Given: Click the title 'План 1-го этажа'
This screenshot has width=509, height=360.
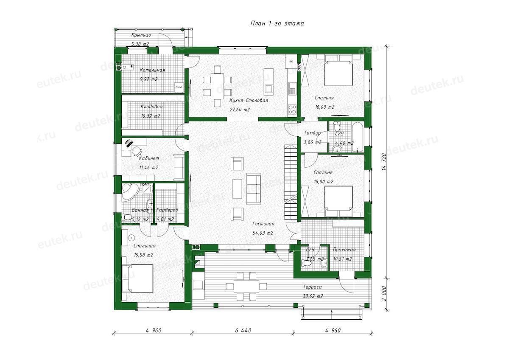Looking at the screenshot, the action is click(277, 23).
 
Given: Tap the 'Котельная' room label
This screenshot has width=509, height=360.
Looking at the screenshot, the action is click(152, 70).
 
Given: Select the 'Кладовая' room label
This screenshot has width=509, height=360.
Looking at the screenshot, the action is click(151, 107).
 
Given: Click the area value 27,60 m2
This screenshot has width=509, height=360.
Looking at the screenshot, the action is click(240, 110).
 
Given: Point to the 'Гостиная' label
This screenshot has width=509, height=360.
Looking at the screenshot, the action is click(263, 224).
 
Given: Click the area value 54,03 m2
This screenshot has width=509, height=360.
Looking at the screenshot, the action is click(263, 233).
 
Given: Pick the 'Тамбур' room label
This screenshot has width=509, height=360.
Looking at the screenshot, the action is click(313, 133).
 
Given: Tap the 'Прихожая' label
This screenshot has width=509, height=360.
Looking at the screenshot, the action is click(344, 250).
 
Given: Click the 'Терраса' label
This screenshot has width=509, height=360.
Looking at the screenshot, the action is click(313, 287).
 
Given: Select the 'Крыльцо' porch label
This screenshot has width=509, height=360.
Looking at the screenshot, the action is click(141, 35).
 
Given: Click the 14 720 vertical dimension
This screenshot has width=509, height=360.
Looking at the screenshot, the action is click(384, 162).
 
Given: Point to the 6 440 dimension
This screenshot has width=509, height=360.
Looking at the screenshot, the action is click(243, 330).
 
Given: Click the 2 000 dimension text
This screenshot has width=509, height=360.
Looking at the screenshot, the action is click(384, 293).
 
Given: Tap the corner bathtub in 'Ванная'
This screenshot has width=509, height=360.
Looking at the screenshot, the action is click(130, 192).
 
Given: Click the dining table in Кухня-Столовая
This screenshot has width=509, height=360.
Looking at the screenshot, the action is click(217, 86).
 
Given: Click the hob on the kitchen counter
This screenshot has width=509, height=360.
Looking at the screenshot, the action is click(292, 110).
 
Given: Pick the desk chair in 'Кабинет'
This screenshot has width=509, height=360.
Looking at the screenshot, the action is click(137, 150).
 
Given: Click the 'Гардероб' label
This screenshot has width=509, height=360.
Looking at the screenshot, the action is click(167, 210).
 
